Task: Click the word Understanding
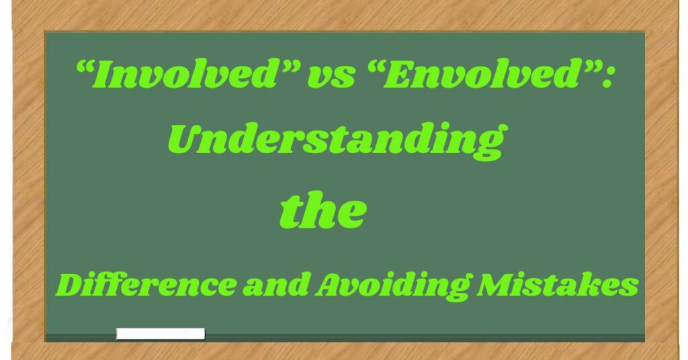[335, 141]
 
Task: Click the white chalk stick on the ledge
[160, 333]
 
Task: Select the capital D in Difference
[70, 285]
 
